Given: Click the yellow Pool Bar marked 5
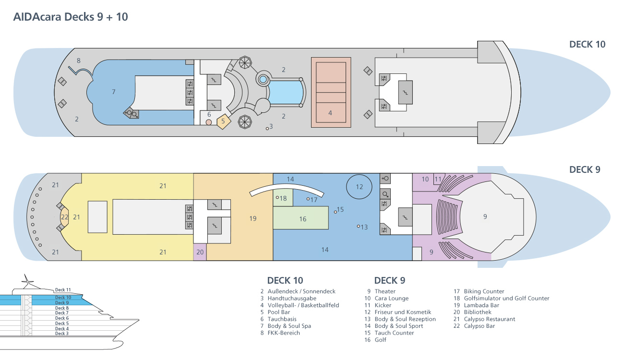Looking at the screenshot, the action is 224,121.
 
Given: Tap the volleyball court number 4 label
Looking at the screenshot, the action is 330,113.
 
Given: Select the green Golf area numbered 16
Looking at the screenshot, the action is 300,217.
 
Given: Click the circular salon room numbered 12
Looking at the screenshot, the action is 359,187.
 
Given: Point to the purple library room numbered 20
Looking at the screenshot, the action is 200,252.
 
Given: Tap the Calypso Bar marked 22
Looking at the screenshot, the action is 64,217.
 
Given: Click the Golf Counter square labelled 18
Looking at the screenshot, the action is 283,198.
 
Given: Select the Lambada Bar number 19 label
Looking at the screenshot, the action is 253,218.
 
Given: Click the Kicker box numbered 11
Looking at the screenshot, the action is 438,179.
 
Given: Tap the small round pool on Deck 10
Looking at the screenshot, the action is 263,80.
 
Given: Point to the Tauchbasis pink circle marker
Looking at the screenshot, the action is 209,122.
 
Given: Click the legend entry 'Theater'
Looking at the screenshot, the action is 385,291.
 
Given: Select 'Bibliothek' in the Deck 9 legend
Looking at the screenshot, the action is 478,312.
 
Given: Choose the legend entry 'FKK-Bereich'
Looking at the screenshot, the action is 284,333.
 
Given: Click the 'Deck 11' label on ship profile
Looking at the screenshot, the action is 63,290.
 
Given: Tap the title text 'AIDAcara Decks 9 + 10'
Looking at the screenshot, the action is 71,17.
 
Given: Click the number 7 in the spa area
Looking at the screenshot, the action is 114,92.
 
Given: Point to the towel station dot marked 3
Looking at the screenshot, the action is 267,129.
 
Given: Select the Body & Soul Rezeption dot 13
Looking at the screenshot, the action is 359,226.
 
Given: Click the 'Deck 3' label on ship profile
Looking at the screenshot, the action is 62,334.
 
